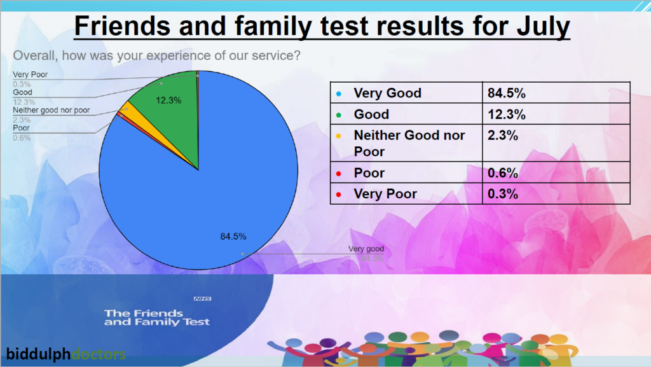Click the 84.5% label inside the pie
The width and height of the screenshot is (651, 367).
tap(233, 237)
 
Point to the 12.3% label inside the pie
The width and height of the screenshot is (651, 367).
tap(169, 100)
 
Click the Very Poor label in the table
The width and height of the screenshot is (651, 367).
tap(385, 194)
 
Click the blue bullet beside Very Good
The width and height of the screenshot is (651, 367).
tap(339, 93)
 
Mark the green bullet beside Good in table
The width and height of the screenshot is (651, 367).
tap(339, 115)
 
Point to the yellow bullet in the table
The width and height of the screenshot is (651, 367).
tap(339, 136)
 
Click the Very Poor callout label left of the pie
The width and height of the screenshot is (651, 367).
tap(31, 75)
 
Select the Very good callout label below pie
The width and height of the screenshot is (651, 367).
tap(366, 249)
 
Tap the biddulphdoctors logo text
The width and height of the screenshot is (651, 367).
tap(66, 354)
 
